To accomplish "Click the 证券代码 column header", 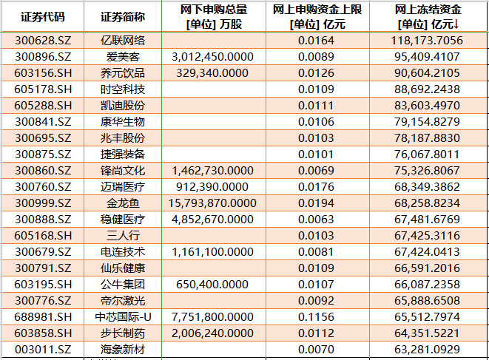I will pyautogui.click(x=42, y=17).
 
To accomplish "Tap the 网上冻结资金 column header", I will pyautogui.click(x=429, y=17).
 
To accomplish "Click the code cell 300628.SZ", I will pyautogui.click(x=42, y=40).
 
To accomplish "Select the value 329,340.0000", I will pyautogui.click(x=212, y=72).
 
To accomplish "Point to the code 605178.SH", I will pyautogui.click(x=42, y=89).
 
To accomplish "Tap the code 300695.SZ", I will pyautogui.click(x=42, y=137).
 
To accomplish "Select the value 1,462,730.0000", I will pyautogui.click(x=212, y=170).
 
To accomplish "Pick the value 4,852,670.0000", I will pyautogui.click(x=212, y=219).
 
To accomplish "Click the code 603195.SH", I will pyautogui.click(x=42, y=284).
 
